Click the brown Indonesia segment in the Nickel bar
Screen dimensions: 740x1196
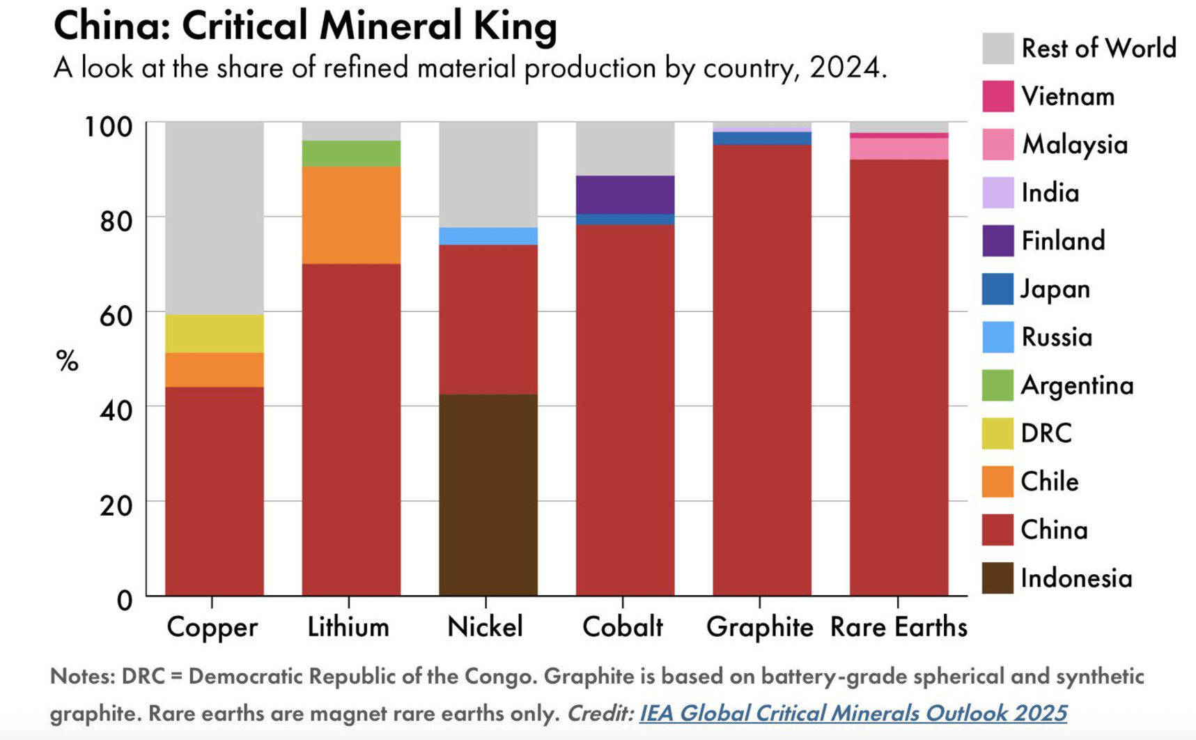coord(488,495)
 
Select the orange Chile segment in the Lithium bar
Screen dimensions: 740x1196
coord(351,215)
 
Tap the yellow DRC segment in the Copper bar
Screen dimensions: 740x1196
coord(214,334)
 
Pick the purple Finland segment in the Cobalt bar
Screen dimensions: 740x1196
coord(625,194)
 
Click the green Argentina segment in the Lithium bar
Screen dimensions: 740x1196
coord(351,153)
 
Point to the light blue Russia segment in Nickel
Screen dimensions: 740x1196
coord(488,236)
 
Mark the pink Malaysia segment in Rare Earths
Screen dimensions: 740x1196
coord(899,148)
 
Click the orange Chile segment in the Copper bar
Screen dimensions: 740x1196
coord(214,369)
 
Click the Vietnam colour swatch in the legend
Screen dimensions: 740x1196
coord(997,96)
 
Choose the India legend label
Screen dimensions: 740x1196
coord(1050,193)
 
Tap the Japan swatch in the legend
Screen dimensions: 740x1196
coord(997,289)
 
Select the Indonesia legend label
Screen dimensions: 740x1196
coord(1076,578)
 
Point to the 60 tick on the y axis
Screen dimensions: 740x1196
coord(116,316)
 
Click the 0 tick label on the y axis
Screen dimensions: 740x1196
coord(124,600)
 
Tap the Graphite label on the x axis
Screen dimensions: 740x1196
coord(759,627)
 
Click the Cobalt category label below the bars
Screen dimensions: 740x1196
coord(623,627)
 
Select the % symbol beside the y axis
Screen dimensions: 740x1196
coord(68,361)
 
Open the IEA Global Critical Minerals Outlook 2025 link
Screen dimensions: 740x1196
coord(853,713)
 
